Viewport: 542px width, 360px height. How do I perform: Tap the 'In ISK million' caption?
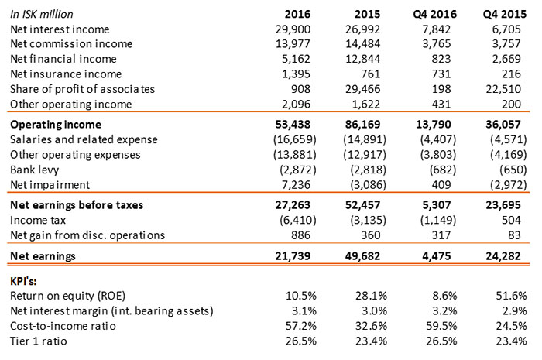coord(46,14)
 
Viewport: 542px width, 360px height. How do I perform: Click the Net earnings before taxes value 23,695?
coord(509,204)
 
